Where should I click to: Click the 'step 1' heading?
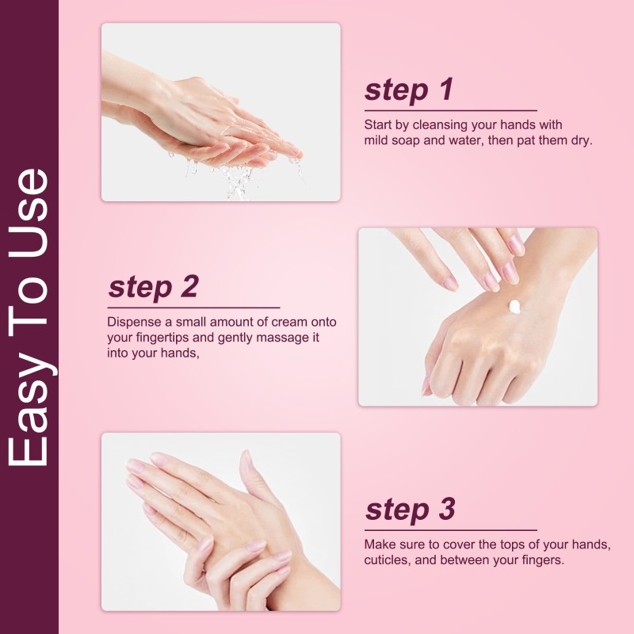[409, 90]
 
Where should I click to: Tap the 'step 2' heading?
[153, 287]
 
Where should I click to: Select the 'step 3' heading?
[410, 510]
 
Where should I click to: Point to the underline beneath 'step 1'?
[450, 110]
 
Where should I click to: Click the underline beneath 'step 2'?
[193, 307]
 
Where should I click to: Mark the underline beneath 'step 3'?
[450, 529]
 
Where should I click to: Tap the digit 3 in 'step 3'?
[446, 510]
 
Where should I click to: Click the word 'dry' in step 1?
[582, 140]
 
